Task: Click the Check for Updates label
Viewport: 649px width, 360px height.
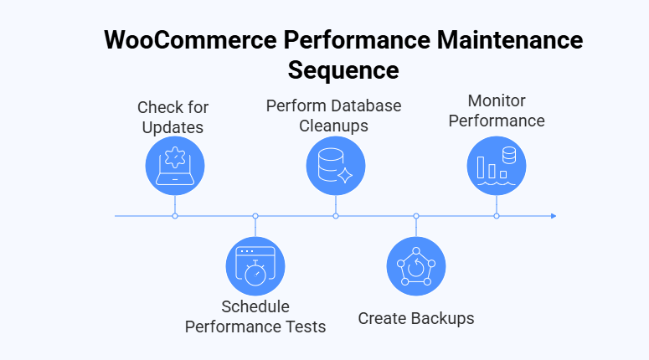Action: click(173, 118)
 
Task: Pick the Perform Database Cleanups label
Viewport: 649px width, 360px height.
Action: click(334, 116)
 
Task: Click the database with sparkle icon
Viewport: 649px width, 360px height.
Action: click(336, 165)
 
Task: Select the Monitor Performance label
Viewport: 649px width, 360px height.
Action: click(497, 111)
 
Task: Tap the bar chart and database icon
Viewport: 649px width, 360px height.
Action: click(497, 162)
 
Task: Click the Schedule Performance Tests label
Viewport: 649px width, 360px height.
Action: click(255, 316)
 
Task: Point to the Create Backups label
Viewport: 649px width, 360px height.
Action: click(416, 319)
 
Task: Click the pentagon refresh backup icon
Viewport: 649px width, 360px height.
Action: click(416, 266)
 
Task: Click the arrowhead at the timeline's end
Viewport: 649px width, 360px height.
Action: click(553, 216)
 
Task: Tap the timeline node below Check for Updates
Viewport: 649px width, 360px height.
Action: click(175, 216)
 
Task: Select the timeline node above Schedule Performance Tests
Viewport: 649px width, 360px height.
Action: click(255, 216)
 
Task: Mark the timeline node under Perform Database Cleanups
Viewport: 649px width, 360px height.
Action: click(336, 216)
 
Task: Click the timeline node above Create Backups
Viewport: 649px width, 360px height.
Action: click(416, 216)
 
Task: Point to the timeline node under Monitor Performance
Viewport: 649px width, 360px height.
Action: click(497, 216)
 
